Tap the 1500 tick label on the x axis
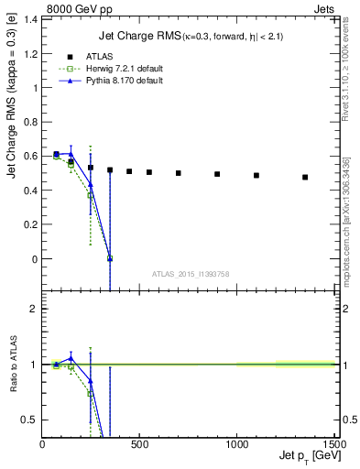pyautogui.click(x=333, y=445)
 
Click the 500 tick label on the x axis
pyautogui.click(x=139, y=445)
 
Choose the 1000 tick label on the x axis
pyautogui.click(x=236, y=445)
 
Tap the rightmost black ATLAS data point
pyautogui.click(x=305, y=177)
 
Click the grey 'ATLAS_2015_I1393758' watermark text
pyautogui.click(x=190, y=272)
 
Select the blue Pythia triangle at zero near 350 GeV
pyautogui.click(x=110, y=258)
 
